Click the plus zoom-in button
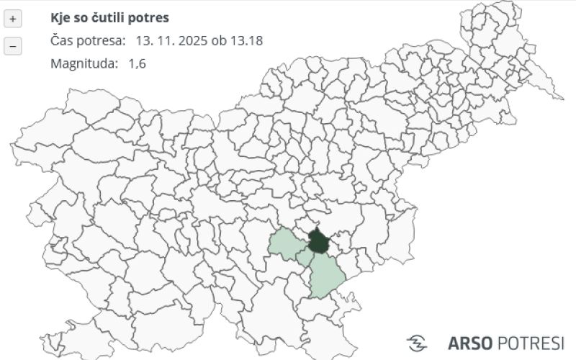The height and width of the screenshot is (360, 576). click(13, 18)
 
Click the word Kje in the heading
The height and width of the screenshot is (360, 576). click(61, 17)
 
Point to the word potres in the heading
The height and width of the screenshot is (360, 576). click(151, 17)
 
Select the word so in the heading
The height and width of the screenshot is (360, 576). click(82, 17)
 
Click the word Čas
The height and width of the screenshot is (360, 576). click(62, 40)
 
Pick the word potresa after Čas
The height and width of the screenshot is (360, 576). click(102, 40)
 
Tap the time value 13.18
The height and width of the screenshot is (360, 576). click(246, 40)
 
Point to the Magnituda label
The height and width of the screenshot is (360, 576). click(84, 63)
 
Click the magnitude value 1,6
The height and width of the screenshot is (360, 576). click(137, 63)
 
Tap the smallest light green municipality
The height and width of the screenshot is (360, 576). click(305, 258)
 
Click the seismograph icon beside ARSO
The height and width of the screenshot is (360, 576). click(417, 342)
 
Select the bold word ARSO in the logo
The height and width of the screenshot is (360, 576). click(472, 343)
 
